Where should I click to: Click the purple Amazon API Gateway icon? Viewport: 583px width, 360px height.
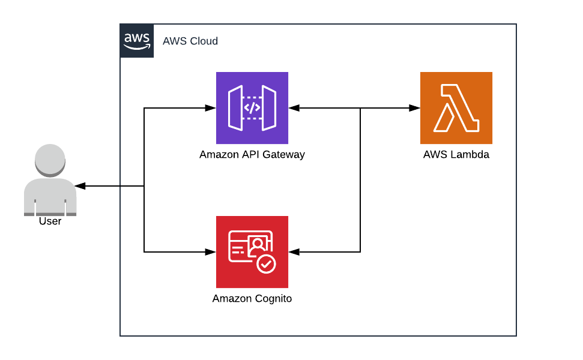click(252, 108)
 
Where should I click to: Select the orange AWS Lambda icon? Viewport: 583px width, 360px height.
click(456, 108)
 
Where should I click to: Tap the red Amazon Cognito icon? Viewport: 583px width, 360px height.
click(252, 252)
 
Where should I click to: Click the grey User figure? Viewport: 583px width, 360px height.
click(50, 180)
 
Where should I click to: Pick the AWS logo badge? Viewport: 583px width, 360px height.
click(137, 41)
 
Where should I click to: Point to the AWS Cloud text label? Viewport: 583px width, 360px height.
click(190, 41)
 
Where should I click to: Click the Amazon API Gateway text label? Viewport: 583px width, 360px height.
click(252, 155)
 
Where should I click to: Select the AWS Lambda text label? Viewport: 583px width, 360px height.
click(456, 155)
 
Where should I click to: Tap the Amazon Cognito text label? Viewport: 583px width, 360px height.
click(252, 299)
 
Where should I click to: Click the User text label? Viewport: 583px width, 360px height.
click(50, 221)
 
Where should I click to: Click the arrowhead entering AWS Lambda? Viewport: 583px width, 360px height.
click(414, 108)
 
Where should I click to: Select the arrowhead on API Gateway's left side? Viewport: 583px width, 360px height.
click(210, 108)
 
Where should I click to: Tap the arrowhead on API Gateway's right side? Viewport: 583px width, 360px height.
click(294, 108)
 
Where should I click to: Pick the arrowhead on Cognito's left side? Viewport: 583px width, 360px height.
click(210, 252)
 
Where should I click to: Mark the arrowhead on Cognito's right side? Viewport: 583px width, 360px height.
click(294, 252)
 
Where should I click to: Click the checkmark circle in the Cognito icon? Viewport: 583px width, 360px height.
click(265, 263)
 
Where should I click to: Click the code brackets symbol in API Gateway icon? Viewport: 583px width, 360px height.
click(252, 108)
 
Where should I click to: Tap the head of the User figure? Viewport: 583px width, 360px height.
click(50, 160)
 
